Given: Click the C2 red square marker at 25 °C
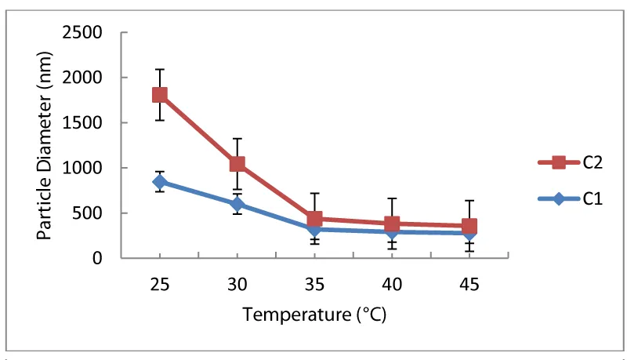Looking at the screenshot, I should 160,95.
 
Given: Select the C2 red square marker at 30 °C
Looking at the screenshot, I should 237,164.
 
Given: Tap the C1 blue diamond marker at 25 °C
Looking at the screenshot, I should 160,182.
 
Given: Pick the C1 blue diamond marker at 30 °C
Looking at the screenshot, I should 237,204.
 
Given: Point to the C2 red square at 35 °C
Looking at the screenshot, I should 314,219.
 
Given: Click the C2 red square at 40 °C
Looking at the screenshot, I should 392,224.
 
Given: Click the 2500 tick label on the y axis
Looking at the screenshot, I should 97,33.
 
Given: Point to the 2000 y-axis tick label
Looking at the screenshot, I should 97,78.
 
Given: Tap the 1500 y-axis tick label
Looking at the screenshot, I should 97,123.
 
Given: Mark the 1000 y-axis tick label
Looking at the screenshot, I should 97,168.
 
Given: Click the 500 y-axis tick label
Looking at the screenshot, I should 101,213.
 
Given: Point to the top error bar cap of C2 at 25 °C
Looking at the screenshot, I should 160,69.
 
